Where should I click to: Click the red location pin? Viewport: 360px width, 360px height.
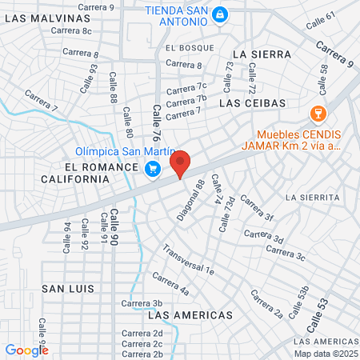(181, 162)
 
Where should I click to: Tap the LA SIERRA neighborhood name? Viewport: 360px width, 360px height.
(258, 54)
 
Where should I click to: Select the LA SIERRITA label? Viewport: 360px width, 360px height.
(313, 197)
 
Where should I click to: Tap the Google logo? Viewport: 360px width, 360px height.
(26, 350)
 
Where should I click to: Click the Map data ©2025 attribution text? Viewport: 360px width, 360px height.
(325, 354)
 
